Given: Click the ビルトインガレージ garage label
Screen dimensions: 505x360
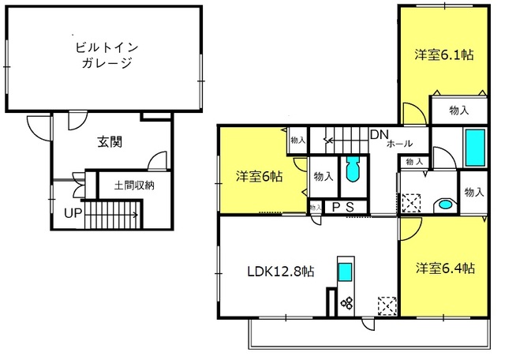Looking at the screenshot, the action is click(x=107, y=55).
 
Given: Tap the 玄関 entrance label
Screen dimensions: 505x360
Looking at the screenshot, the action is click(x=110, y=142).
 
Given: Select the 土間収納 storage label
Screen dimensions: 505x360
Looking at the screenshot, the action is click(x=134, y=186).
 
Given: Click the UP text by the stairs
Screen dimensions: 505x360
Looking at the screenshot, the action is click(x=73, y=213).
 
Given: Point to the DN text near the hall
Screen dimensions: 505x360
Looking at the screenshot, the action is click(x=380, y=135).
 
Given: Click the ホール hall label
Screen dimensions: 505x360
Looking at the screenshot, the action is click(x=399, y=144).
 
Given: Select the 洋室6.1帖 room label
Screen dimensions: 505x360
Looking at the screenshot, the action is click(x=444, y=54).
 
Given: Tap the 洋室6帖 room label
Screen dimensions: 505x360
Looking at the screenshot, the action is click(x=260, y=177).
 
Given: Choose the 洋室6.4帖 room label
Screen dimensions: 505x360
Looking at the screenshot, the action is click(x=445, y=268).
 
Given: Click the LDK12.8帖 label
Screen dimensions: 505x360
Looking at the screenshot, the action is click(x=281, y=272).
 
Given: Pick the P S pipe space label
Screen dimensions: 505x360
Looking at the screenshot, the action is click(x=343, y=207).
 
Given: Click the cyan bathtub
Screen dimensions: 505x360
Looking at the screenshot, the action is click(x=475, y=148).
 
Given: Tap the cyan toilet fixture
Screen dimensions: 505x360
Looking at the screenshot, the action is click(x=353, y=169).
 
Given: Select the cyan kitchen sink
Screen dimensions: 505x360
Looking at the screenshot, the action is click(x=345, y=272).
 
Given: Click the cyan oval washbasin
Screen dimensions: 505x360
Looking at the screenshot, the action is click(x=445, y=204).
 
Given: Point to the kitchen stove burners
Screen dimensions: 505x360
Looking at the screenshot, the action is click(x=347, y=303).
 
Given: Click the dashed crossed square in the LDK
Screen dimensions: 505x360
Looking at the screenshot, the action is click(x=387, y=306).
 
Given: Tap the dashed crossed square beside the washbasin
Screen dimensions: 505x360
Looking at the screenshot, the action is click(x=411, y=203).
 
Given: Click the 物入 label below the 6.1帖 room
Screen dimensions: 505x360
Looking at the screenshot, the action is click(x=459, y=111).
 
